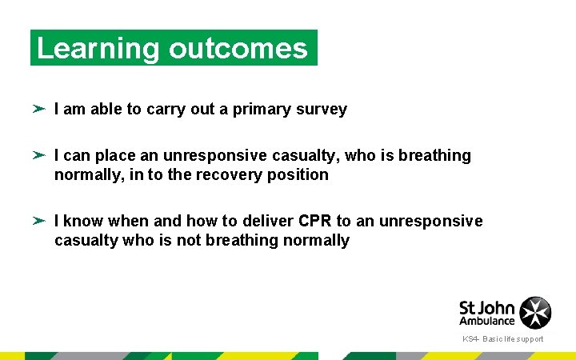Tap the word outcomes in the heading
click(x=238, y=49)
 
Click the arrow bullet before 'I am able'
click(x=39, y=109)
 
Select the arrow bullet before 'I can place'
click(x=39, y=155)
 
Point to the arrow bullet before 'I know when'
click(x=39, y=221)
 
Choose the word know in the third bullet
click(x=82, y=221)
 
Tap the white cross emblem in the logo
click(x=535, y=313)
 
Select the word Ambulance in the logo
click(x=487, y=321)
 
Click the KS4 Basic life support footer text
click(x=502, y=339)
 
